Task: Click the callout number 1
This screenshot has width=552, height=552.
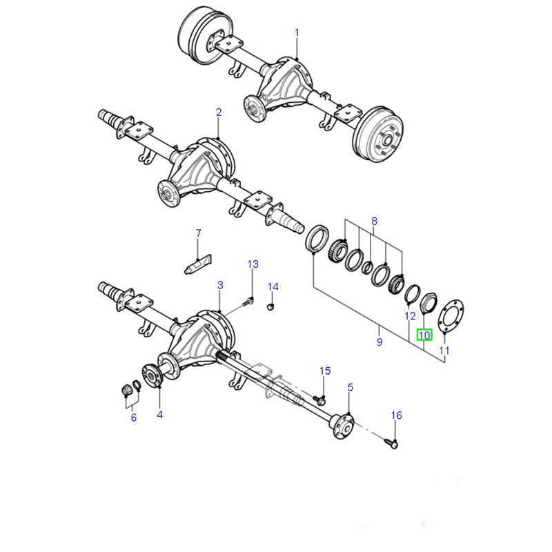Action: pyautogui.click(x=297, y=32)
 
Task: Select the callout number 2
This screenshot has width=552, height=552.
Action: pyautogui.click(x=219, y=112)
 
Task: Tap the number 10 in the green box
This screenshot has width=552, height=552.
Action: pyautogui.click(x=424, y=335)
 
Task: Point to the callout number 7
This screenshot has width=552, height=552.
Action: pyautogui.click(x=199, y=233)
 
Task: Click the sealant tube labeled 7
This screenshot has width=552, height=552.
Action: pyautogui.click(x=198, y=265)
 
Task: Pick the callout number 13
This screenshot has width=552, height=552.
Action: pyautogui.click(x=253, y=264)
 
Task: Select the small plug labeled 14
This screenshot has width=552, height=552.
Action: pyautogui.click(x=270, y=307)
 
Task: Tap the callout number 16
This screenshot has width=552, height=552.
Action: pyautogui.click(x=396, y=415)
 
